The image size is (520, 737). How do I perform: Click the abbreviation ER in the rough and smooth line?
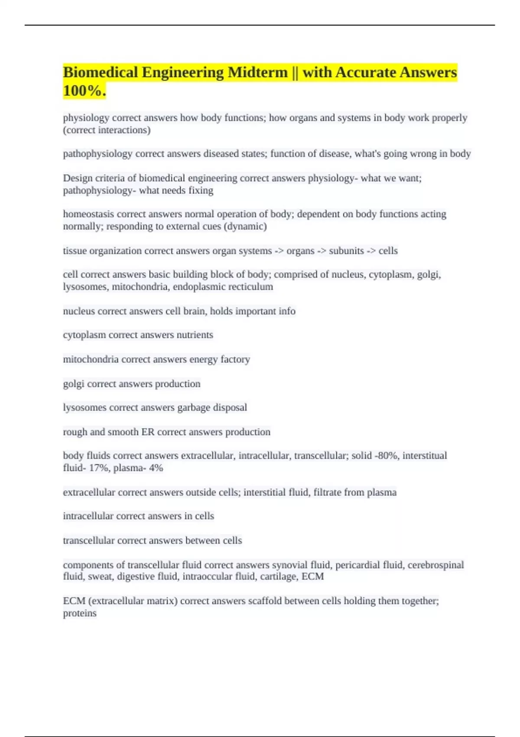[x=148, y=432]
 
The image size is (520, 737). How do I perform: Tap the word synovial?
[x=288, y=565]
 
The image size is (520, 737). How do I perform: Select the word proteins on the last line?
[x=80, y=613]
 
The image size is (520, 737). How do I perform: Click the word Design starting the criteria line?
[x=78, y=178]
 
